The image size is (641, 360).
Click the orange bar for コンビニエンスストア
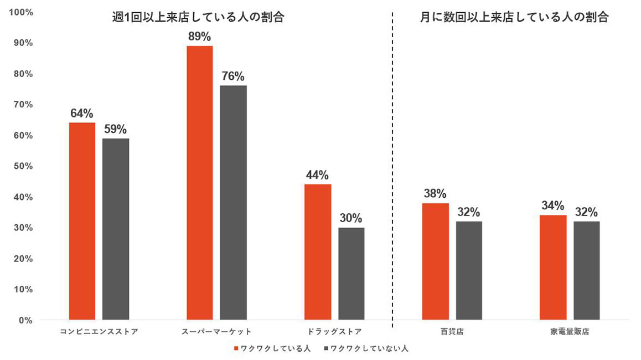pos(82,221)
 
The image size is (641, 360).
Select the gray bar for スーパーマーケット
pos(233,202)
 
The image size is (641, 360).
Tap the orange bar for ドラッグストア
pos(318,252)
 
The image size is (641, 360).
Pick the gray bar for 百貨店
pos(469,270)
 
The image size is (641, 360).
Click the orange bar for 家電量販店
pos(553,267)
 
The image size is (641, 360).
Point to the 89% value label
pos(199,37)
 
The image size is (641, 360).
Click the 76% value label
pos(233,76)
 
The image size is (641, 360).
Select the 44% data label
pos(318,175)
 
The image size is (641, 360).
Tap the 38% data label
pos(435,194)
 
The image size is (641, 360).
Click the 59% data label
pos(115,129)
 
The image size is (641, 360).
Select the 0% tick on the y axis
pos(26,320)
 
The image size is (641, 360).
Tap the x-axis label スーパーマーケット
pos(216,332)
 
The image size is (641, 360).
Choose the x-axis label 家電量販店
pos(570,332)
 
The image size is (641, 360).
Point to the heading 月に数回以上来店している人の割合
pos(514,17)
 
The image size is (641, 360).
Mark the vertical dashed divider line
pos(392,166)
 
